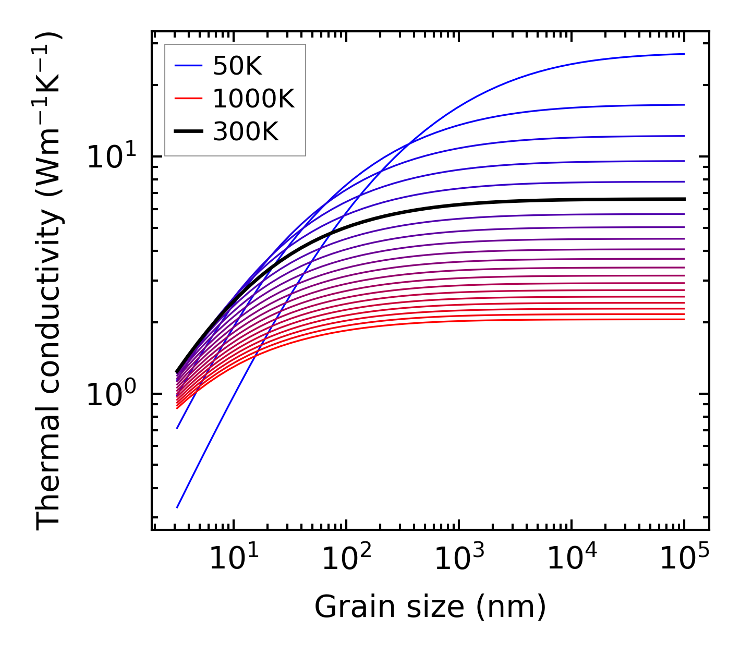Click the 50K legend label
click(237, 66)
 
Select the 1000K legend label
click(253, 99)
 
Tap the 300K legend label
click(246, 132)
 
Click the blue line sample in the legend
click(188, 66)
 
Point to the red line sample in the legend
click(188, 99)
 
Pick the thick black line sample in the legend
click(188, 131)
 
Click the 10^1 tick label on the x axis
click(233, 560)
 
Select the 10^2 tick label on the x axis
click(346, 560)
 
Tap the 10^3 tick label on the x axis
click(458, 560)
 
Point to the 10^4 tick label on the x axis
click(572, 560)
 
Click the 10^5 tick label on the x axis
click(684, 560)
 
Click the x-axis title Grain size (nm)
click(430, 607)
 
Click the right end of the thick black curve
click(684, 199)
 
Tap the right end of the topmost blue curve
click(684, 54)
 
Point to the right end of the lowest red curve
click(684, 319)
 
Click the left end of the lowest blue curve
click(178, 507)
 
